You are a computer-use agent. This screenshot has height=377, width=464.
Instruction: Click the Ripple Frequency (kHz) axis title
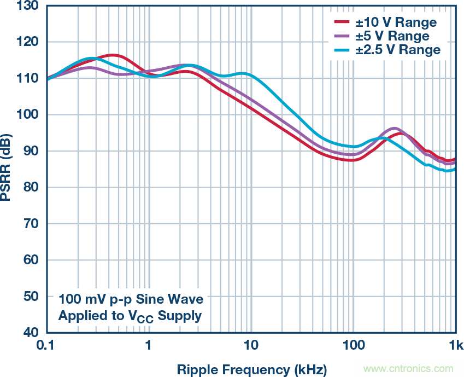pyautogui.click(x=251, y=369)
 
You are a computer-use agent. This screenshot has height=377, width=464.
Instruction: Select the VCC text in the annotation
pyautogui.click(x=146, y=316)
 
